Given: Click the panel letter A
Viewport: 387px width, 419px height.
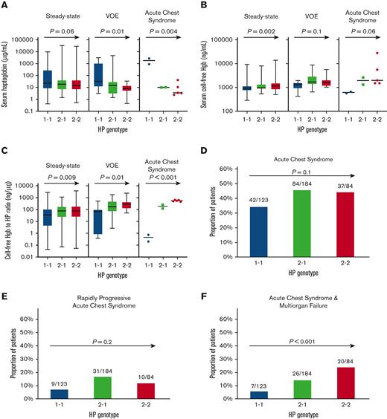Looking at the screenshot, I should [6, 7].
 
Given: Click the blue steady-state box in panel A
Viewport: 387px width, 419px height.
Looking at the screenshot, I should [48, 77].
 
